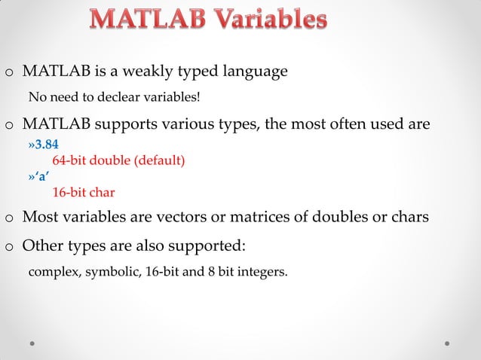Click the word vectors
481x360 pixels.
click(x=199, y=217)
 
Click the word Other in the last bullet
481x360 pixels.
click(x=42, y=246)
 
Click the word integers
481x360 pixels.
click(x=260, y=271)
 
